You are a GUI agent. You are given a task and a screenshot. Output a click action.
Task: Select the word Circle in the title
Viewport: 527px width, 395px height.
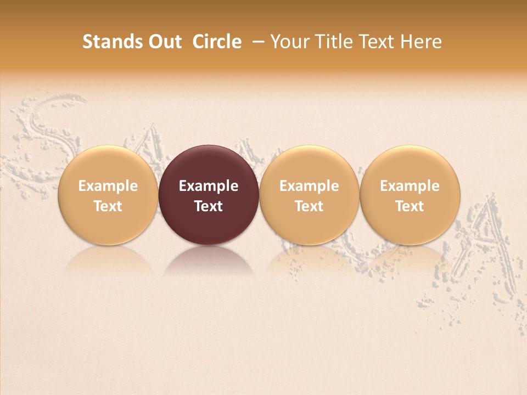pos(217,42)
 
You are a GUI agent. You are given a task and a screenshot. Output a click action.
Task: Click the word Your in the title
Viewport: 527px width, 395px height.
pos(290,42)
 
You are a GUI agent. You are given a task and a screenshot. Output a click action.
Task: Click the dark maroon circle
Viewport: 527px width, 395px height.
pos(209,165)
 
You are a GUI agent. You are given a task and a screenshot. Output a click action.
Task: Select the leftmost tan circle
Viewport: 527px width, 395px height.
pos(108,165)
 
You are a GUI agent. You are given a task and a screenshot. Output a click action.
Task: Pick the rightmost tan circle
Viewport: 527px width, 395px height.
pos(410,165)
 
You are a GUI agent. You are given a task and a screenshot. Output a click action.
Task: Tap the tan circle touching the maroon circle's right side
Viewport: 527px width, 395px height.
pos(309,165)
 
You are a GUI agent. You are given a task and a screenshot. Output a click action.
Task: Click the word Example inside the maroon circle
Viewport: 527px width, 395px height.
pos(209,186)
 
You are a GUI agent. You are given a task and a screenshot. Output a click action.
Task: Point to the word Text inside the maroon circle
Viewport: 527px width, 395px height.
pos(209,206)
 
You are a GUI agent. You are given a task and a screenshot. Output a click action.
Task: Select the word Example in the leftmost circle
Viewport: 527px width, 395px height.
pos(108,186)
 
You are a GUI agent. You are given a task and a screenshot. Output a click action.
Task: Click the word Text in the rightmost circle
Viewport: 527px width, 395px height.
pos(410,206)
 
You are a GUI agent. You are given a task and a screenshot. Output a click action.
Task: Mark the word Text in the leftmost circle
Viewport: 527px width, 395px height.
pos(108,206)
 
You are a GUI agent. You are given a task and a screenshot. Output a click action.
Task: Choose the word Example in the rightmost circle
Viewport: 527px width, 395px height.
pos(410,186)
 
